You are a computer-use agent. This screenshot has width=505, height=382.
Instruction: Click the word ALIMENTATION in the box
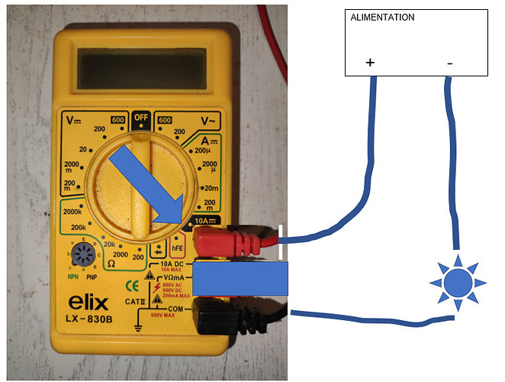tap(382, 17)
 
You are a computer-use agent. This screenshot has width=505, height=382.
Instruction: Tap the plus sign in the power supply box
tap(371, 63)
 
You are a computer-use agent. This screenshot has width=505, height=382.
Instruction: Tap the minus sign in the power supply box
tap(449, 63)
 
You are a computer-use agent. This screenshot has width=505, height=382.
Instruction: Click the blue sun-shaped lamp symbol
tap(458, 283)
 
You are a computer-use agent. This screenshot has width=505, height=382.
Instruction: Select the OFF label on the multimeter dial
tap(140, 118)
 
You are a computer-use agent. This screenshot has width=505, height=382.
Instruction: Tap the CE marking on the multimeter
tap(130, 287)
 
